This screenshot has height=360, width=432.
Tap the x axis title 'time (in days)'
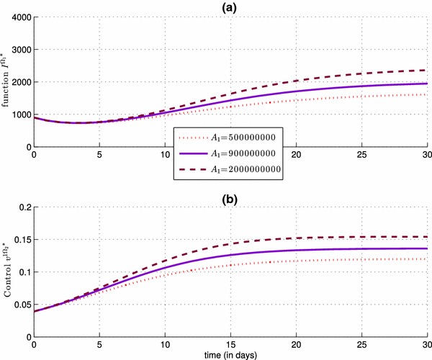pyautogui.click(x=230, y=355)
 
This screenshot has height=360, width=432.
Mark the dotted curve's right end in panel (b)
pyautogui.click(x=427, y=258)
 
